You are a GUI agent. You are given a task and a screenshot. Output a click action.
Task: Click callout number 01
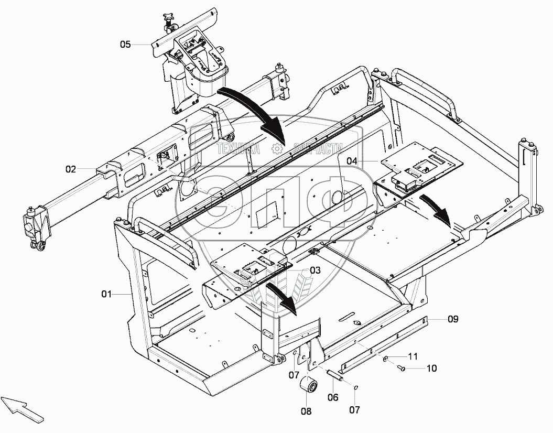pyautogui.click(x=107, y=295)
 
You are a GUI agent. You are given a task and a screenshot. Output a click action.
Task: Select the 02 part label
pyautogui.click(x=71, y=169)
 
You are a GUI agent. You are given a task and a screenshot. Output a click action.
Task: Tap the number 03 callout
pyautogui.click(x=315, y=270)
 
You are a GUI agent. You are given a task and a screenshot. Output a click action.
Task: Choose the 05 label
pyautogui.click(x=125, y=45)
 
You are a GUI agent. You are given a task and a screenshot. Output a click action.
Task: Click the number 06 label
pyautogui.click(x=333, y=397)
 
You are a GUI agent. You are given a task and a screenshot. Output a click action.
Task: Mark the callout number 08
pyautogui.click(x=306, y=412)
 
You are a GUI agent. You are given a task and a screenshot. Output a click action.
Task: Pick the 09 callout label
pyautogui.click(x=453, y=318)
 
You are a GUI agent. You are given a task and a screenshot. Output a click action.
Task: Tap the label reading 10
pyautogui.click(x=431, y=369)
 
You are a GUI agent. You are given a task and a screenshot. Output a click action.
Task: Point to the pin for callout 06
pyautogui.click(x=334, y=375)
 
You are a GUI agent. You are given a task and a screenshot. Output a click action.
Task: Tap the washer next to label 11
pyautogui.click(x=386, y=359)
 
